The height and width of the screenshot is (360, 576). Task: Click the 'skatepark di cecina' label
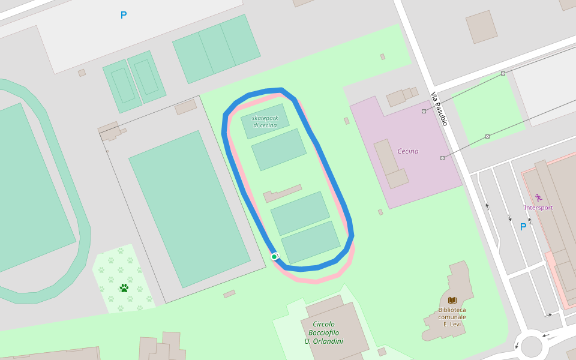pos(265,121)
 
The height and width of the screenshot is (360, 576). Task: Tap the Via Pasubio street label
pos(439,109)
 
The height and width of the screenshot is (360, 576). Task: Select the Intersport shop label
pos(538,208)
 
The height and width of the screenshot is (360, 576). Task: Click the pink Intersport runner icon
pos(538,197)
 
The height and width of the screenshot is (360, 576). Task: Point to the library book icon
pos(452,300)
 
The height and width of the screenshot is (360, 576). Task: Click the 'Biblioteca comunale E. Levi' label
pos(452,317)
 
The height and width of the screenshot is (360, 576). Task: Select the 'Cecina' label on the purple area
pos(408,151)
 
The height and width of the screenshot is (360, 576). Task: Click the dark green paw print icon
pos(124,288)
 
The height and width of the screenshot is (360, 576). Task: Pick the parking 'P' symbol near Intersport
pos(523,227)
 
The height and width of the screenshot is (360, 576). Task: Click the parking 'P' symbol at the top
pos(124,15)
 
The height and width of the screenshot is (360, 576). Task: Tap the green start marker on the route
pos(274,257)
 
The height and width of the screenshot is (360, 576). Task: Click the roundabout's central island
pos(531,346)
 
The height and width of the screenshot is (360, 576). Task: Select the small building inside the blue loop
pos(282,193)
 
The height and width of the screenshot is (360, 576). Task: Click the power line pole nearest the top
pos(503,73)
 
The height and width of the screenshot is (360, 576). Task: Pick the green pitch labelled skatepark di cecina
pos(265,121)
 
